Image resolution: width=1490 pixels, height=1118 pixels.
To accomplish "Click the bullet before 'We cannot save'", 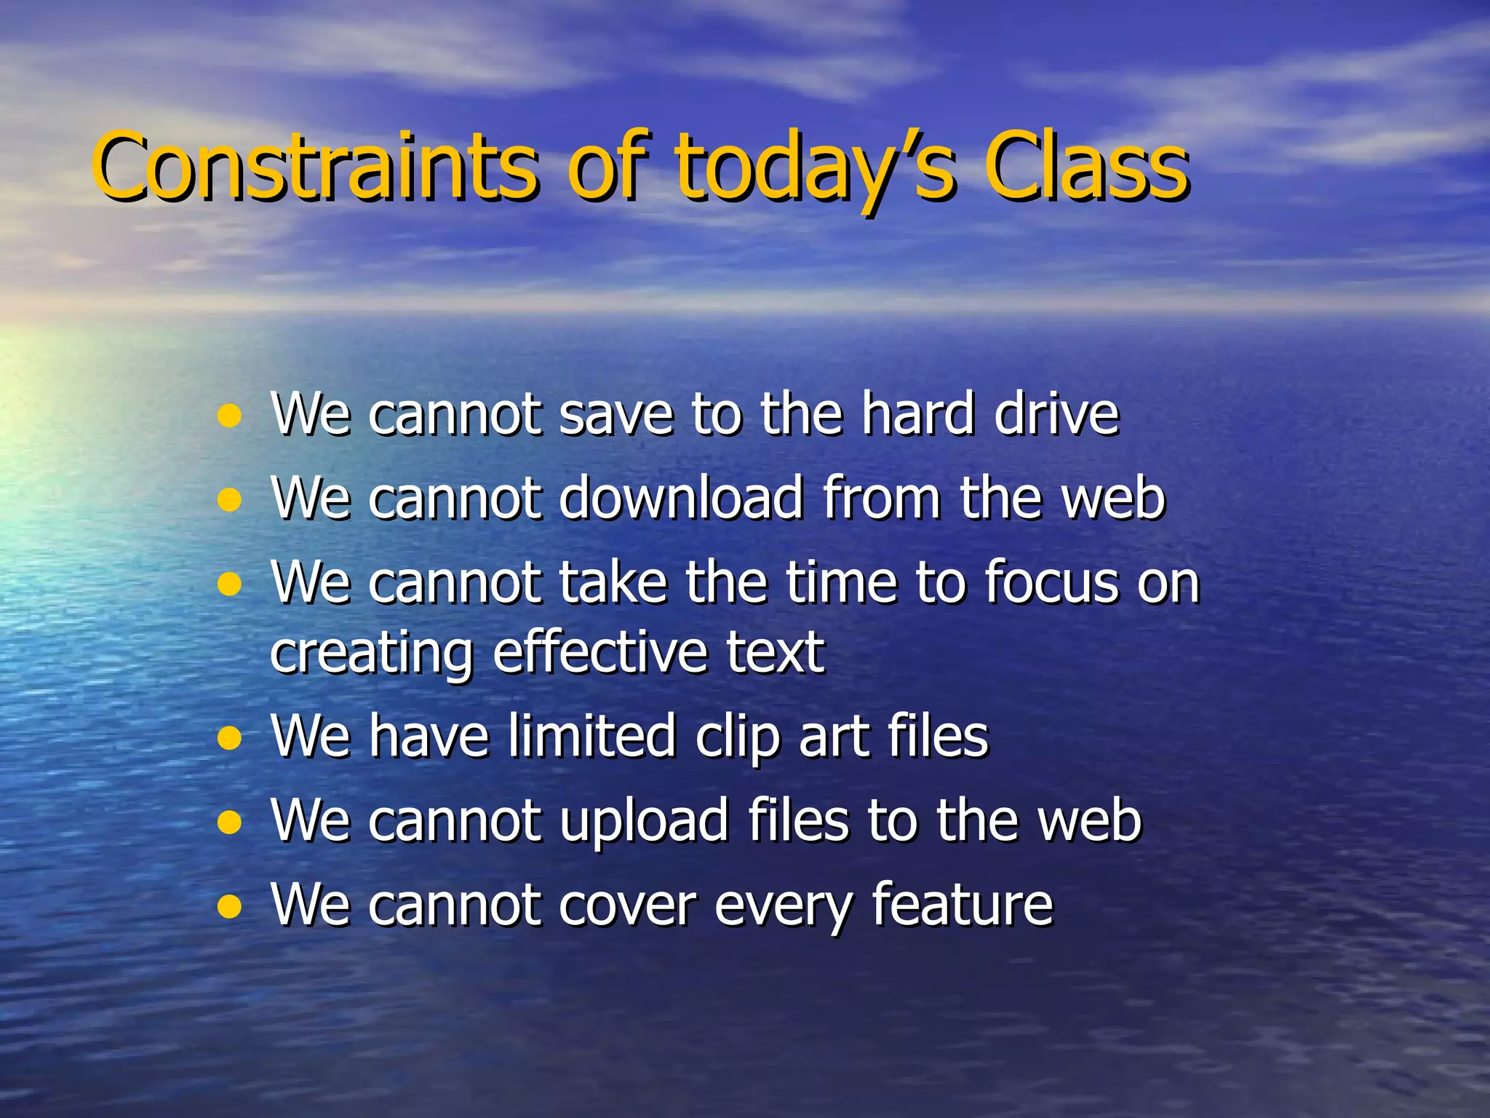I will click(x=229, y=416).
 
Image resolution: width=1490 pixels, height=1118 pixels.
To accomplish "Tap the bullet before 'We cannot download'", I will click(x=229, y=501).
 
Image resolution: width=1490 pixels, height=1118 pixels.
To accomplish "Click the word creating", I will click(x=372, y=654).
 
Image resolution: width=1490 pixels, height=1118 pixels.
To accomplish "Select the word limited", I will click(x=592, y=736).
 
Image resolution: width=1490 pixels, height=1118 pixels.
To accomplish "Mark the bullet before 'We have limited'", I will click(x=229, y=740).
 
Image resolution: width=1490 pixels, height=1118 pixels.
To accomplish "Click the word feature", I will click(x=962, y=904).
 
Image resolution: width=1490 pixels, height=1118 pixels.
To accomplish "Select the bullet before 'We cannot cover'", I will click(x=229, y=908).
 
